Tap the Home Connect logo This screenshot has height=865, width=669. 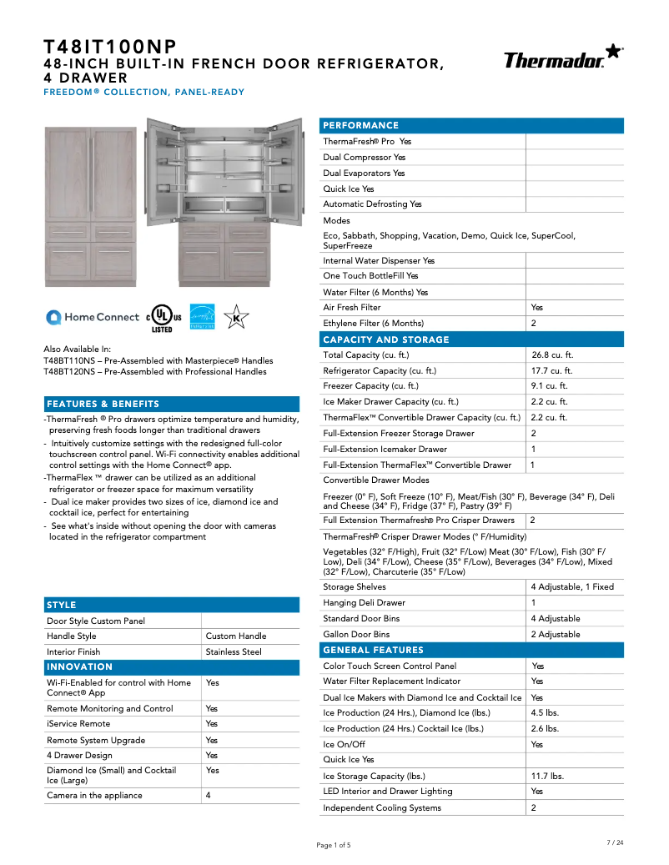93,317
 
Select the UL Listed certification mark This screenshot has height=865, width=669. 162,318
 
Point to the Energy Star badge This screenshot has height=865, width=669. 203,317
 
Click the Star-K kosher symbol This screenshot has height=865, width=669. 236,317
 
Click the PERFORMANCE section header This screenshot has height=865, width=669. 360,125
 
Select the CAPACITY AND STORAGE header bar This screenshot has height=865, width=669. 385,339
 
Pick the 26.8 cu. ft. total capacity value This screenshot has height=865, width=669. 552,355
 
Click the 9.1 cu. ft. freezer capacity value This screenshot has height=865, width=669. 549,386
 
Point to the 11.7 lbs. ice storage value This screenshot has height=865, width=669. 547,776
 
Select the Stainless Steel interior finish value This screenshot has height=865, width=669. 234,651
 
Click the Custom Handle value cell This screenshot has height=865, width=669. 236,636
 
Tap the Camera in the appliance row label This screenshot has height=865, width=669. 94,795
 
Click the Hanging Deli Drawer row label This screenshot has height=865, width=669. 364,602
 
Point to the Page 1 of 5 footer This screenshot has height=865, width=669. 334,845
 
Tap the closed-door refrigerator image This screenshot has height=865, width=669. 90,205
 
